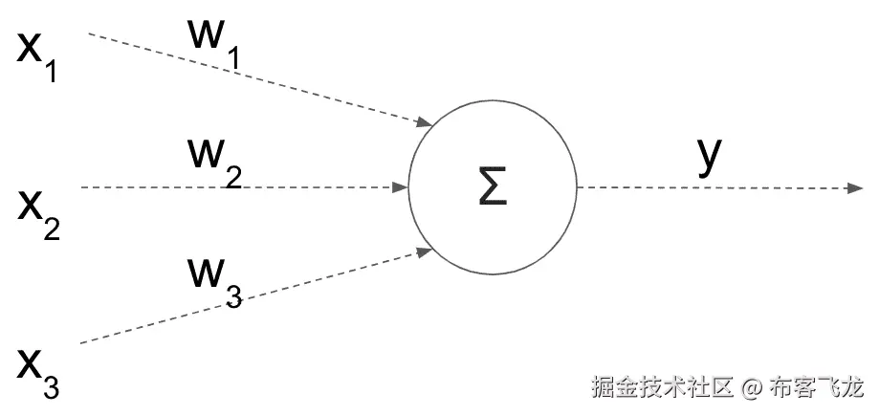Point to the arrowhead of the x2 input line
[401, 187]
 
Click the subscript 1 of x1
[51, 71]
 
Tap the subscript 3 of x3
[51, 387]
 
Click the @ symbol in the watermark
[754, 388]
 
